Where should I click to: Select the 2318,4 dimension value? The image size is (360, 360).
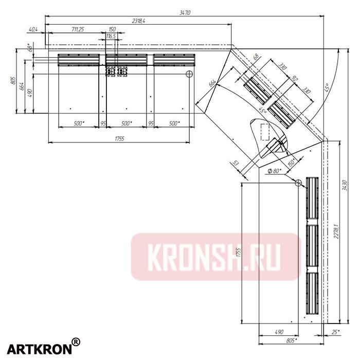(x=138, y=21)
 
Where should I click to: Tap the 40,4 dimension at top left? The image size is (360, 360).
(x=34, y=29)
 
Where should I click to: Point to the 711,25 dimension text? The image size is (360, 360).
(x=78, y=29)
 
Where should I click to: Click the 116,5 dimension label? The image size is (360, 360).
(x=112, y=37)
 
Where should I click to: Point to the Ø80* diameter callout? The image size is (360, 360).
(x=275, y=171)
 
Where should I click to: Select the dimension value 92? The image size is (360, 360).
(x=295, y=80)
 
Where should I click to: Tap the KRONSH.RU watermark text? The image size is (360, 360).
(x=215, y=257)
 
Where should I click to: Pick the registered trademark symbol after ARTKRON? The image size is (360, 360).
(x=76, y=341)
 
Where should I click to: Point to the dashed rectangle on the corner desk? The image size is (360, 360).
(x=265, y=132)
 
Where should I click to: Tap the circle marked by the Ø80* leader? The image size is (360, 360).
(x=298, y=182)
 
